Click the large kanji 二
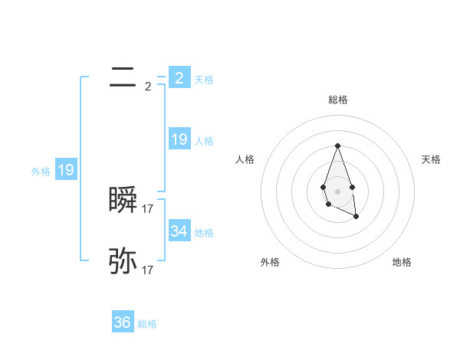point(123,78)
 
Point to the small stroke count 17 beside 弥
point(148,270)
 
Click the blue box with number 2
point(179,78)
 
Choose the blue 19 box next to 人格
point(179,139)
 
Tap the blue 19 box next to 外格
point(66,171)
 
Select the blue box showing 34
point(179,231)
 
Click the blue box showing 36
point(123,322)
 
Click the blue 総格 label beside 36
point(148,324)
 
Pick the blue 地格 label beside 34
point(204,233)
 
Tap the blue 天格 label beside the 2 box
point(204,80)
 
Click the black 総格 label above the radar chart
point(338,100)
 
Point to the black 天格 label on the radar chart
point(432,159)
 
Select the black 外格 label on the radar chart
point(270,263)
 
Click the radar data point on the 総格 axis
point(338,146)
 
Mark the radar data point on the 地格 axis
point(356,217)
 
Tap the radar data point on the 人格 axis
point(323,187)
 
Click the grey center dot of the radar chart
point(338,191)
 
